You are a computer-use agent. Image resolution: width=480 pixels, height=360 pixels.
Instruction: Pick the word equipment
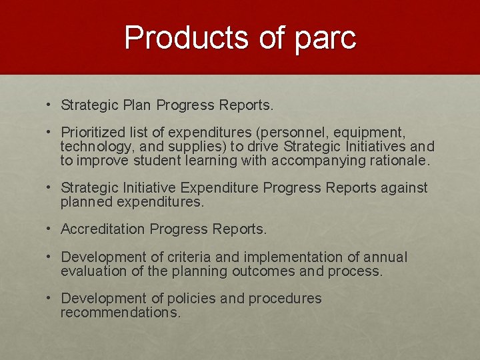point(374,132)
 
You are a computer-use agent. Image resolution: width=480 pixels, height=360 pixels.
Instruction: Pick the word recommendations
point(120,313)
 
